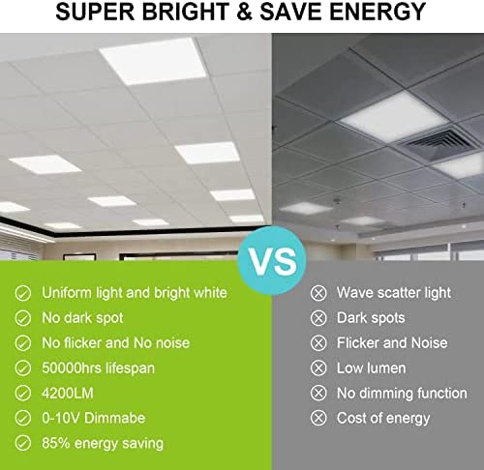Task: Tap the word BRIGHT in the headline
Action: point(185,12)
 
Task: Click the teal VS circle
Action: point(272,260)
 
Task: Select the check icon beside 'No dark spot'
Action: point(23,318)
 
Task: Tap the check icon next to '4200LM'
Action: point(23,394)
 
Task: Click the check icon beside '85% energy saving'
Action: point(23,443)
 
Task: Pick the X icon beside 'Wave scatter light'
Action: point(318,293)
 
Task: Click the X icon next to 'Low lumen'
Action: point(318,368)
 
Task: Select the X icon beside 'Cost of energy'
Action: point(318,418)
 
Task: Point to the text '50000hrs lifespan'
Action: point(98,368)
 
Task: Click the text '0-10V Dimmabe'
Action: point(94,418)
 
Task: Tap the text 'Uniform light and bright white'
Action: point(135,293)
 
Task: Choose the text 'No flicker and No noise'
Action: point(115,343)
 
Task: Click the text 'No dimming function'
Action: point(402,394)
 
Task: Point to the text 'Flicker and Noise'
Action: point(392,343)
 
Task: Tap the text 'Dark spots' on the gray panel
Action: point(371,318)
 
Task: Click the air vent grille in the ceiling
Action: point(438,142)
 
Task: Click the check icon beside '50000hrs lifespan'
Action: point(23,368)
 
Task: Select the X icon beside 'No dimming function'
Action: point(318,394)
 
